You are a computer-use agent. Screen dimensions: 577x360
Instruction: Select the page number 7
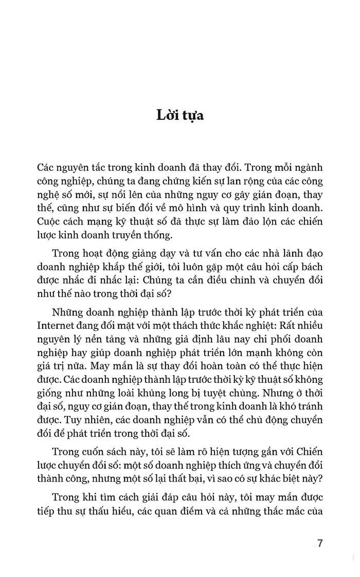320,544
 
